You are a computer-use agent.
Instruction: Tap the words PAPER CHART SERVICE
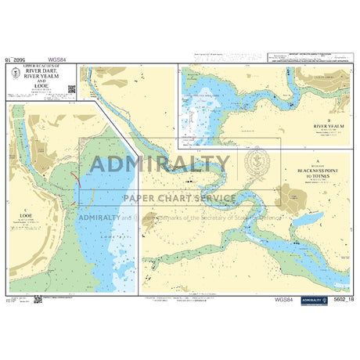[x=178, y=198]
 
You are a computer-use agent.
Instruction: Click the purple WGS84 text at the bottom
[x=284, y=298]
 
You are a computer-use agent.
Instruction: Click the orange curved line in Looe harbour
[x=90, y=192]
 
